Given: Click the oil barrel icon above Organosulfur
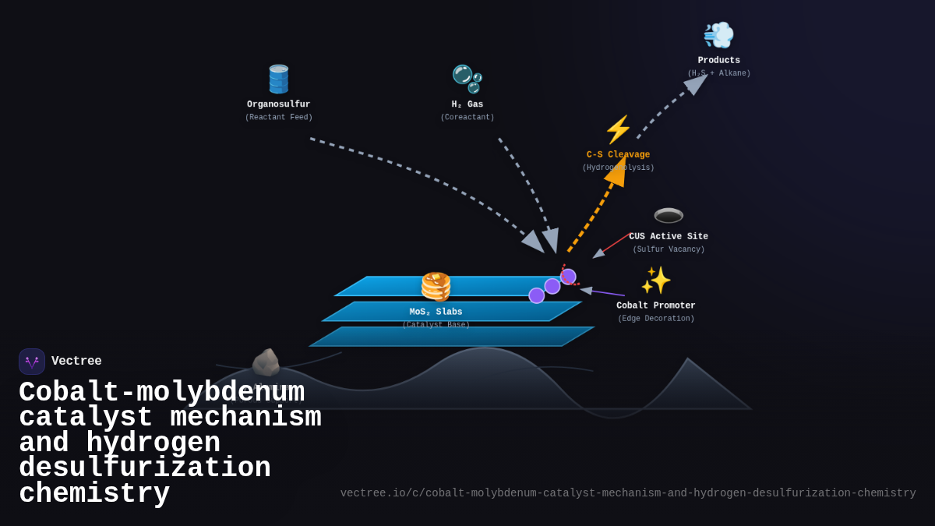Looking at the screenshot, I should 278,79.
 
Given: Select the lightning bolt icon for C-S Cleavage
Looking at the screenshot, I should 618,130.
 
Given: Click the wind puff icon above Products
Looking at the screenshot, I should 718,35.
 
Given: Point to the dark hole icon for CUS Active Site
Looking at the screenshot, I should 669,215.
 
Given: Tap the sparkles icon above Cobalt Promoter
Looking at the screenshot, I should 655,281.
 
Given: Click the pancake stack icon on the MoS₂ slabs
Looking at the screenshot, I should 436,286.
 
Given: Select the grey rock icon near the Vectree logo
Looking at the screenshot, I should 266,363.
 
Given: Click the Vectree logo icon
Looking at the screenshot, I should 32,362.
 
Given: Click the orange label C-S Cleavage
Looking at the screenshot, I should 618,155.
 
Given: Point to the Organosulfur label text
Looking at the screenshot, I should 278,104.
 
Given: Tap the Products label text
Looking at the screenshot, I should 718,61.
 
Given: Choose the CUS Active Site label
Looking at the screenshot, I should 669,237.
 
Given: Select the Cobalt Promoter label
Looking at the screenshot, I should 655,305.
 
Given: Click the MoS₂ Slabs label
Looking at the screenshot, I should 436,312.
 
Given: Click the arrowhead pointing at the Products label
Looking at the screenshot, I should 696,83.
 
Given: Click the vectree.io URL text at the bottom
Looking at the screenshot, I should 627,493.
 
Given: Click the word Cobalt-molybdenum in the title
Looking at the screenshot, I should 161,392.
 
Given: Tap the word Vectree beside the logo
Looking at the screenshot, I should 76,362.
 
